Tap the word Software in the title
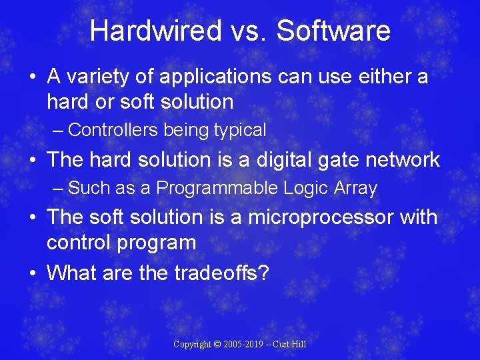tap(333, 31)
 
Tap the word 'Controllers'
tap(113, 130)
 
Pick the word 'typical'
tap(238, 130)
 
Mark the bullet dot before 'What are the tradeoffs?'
tap(33, 273)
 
